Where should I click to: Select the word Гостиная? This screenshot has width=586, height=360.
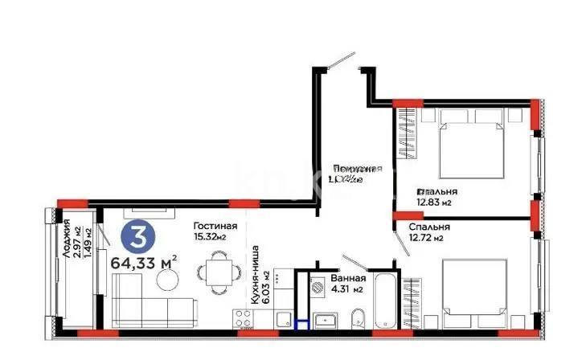[x=215, y=227]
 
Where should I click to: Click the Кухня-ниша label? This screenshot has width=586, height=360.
[x=254, y=269]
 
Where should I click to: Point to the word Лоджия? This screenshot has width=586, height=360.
[x=65, y=238]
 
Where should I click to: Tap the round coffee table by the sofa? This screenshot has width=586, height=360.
[x=168, y=279]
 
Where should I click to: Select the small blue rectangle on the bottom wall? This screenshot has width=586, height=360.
[x=303, y=326]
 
